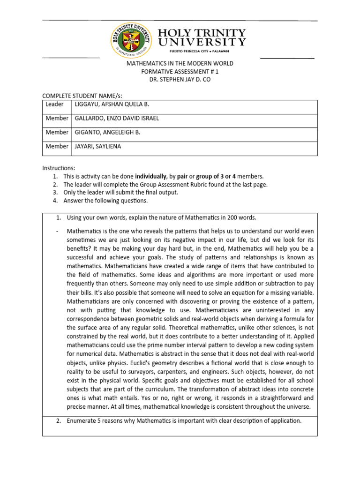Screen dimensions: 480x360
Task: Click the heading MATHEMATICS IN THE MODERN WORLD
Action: tap(180, 63)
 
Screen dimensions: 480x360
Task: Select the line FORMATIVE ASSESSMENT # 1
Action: tap(180, 71)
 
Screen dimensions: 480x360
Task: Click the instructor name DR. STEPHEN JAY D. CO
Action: tap(180, 79)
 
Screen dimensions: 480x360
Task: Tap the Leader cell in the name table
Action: tap(54, 104)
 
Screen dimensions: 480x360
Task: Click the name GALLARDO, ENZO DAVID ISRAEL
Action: tap(116, 118)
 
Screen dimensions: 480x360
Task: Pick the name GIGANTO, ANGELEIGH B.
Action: tap(107, 132)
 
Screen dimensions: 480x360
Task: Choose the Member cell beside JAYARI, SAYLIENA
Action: tap(57, 146)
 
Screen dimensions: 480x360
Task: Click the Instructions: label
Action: tap(59, 168)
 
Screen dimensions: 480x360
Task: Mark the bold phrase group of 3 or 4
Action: tap(216, 176)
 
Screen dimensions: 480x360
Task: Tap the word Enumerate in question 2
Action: tap(82, 420)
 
